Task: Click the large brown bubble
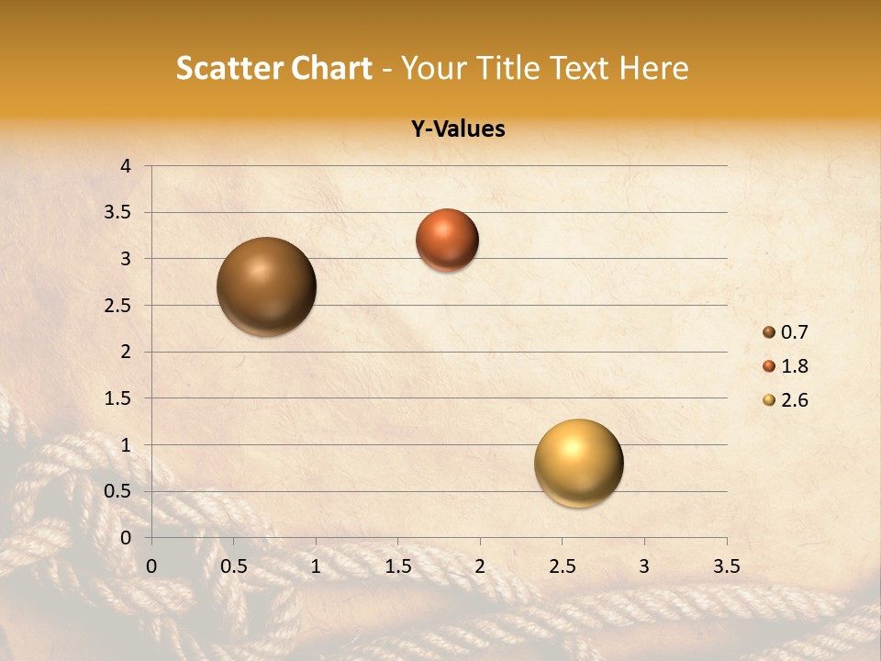point(267,286)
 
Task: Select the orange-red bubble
point(447,240)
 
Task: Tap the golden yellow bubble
point(578,463)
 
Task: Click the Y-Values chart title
point(458,129)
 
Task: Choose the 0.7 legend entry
point(786,332)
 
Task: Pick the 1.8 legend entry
point(786,366)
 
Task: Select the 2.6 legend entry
point(786,400)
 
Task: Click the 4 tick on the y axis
point(126,166)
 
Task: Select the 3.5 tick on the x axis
point(726,566)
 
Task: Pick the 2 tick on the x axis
point(480,566)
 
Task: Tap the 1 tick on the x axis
point(316,566)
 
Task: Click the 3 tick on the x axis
point(644,566)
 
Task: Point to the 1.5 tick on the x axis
point(397,566)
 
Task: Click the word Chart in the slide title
point(332,68)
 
